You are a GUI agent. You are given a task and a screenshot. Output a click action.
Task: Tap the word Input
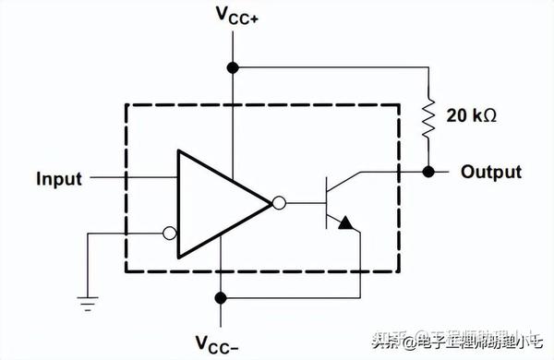[59, 177]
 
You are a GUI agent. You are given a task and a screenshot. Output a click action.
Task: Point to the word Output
[490, 172]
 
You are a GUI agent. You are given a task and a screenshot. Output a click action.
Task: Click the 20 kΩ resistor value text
[473, 116]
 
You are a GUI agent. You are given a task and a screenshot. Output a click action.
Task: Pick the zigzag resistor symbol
[428, 117]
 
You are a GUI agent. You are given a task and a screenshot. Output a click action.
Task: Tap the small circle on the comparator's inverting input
[169, 234]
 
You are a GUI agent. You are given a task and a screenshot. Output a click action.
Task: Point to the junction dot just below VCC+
[234, 66]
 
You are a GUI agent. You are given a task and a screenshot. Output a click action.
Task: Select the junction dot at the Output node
[428, 172]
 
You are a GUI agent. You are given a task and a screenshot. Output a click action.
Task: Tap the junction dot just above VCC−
[221, 297]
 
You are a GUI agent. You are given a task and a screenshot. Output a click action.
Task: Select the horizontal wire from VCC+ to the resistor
[332, 66]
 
